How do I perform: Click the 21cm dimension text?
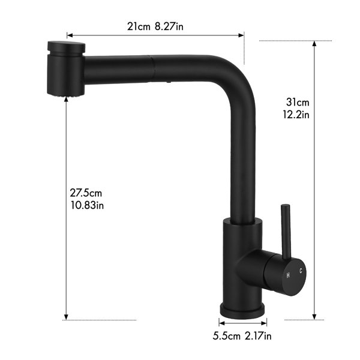[139, 26]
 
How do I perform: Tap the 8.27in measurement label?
[169, 26]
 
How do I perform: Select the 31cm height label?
[298, 102]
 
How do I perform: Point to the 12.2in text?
[296, 115]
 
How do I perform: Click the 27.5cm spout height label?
[86, 193]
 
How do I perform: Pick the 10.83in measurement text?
[87, 205]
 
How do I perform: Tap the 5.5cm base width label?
[226, 337]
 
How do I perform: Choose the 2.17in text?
[258, 337]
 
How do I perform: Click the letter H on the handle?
[288, 275]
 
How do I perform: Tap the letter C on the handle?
[301, 271]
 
